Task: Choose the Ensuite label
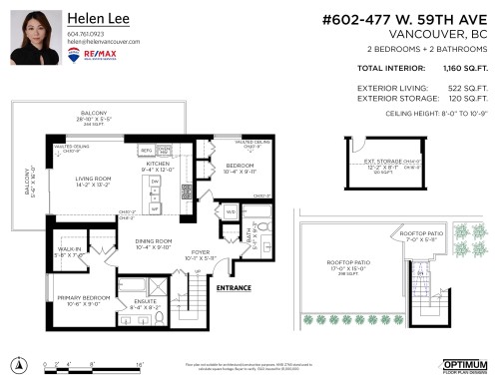(146, 303)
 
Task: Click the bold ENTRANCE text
(234, 289)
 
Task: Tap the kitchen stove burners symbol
(186, 190)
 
